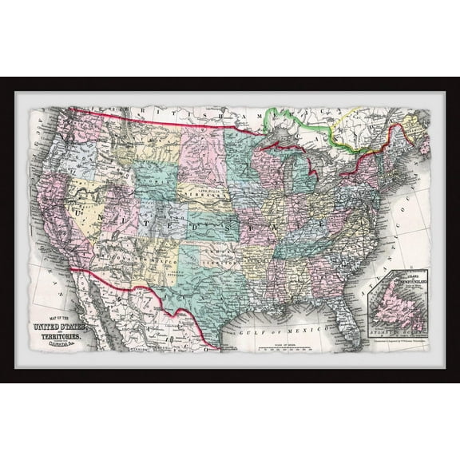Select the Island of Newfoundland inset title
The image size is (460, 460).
coord(409,280)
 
